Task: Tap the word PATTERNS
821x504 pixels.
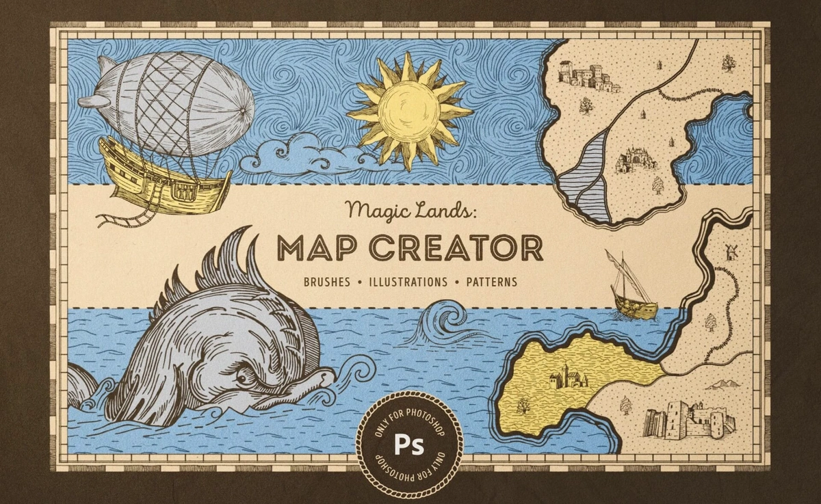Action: coord(491,282)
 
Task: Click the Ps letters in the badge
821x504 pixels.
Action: coord(409,445)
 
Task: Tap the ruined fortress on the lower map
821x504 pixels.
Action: coord(690,416)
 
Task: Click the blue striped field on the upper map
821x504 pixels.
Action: coord(586,178)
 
